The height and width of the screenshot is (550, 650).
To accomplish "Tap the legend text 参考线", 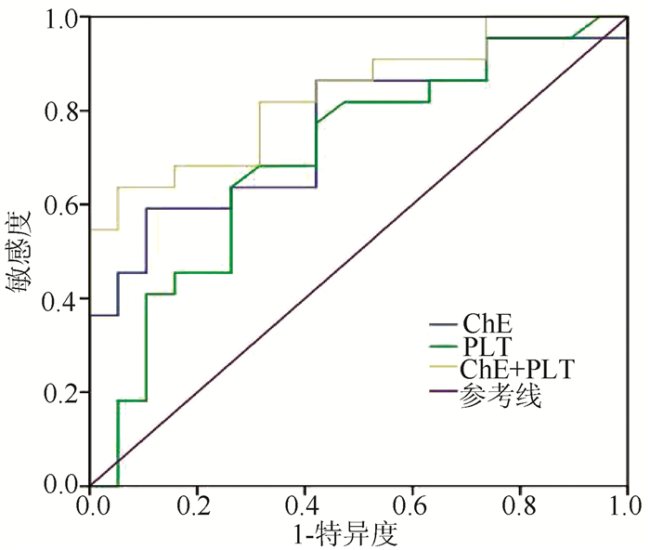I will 500,393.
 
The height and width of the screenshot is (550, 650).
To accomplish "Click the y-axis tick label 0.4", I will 66,299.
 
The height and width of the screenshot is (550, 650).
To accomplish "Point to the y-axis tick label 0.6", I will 66,205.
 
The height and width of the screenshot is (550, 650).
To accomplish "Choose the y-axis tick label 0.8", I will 66,111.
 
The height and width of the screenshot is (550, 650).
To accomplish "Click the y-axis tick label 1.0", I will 66,19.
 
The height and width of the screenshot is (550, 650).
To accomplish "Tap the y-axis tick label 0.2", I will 66,393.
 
